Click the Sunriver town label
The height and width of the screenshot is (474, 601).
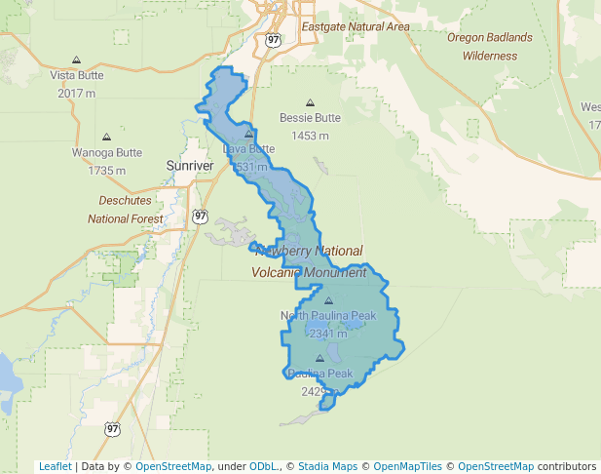point(189,166)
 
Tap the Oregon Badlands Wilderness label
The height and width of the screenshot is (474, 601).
point(490,46)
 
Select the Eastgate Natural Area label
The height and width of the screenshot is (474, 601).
point(356,26)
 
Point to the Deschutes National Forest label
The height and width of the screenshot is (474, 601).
point(126,209)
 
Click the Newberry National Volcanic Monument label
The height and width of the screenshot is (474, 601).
point(309,261)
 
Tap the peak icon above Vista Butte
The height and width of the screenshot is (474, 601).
point(77,59)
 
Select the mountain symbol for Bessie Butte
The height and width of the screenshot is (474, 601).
point(311,102)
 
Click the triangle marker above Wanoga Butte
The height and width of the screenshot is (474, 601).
point(106,138)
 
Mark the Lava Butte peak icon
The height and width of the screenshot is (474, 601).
point(249,134)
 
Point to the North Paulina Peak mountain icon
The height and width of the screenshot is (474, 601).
point(328,301)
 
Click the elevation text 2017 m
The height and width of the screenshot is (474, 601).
point(77,93)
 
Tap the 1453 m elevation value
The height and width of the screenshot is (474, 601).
point(311,136)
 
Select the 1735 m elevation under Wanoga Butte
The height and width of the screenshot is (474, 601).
point(106,171)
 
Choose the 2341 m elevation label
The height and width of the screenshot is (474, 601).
point(328,334)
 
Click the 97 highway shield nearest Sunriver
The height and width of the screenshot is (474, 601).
point(200,216)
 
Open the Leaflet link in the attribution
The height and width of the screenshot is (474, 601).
point(55,466)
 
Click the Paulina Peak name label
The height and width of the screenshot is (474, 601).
point(319,374)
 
